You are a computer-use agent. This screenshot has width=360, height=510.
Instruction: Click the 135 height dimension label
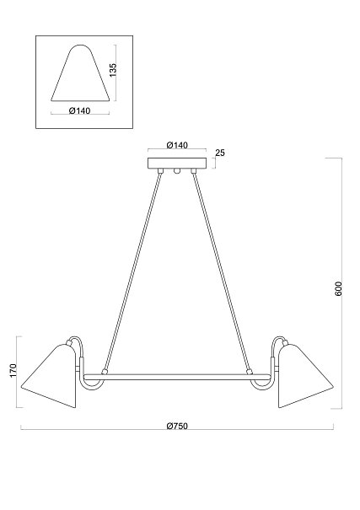pyautogui.click(x=113, y=70)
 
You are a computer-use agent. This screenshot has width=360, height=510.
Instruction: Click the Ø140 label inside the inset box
pyautogui.click(x=80, y=111)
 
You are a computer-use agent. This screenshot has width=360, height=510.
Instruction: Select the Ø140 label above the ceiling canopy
pyautogui.click(x=177, y=145)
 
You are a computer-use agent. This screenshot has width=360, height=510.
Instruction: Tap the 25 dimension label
pyautogui.click(x=220, y=153)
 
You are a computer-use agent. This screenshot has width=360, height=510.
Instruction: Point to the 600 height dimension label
pyautogui.click(x=339, y=288)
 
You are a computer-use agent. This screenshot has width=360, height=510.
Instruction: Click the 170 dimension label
pyautogui.click(x=13, y=371)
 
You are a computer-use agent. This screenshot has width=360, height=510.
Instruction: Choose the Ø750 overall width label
pyautogui.click(x=177, y=426)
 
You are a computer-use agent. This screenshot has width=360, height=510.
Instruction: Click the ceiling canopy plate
pyautogui.click(x=177, y=164)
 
